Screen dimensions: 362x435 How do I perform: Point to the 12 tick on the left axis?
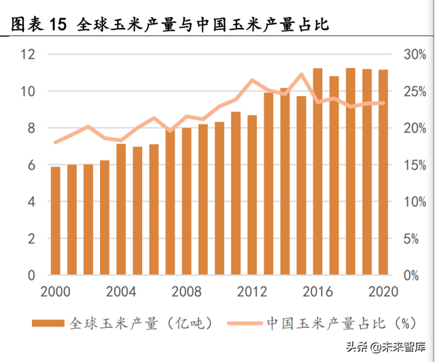[x=28, y=54]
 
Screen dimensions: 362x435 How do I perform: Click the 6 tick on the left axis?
[x=31, y=165]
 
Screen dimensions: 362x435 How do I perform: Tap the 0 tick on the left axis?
[x=31, y=276]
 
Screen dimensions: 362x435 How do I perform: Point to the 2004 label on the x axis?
[x=122, y=292]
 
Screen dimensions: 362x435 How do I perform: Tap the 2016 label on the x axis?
[x=318, y=292]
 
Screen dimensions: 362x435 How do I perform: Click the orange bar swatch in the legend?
[x=48, y=322]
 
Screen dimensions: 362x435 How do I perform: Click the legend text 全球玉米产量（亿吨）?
[x=140, y=322]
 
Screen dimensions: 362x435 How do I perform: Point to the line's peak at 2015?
[x=302, y=74]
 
